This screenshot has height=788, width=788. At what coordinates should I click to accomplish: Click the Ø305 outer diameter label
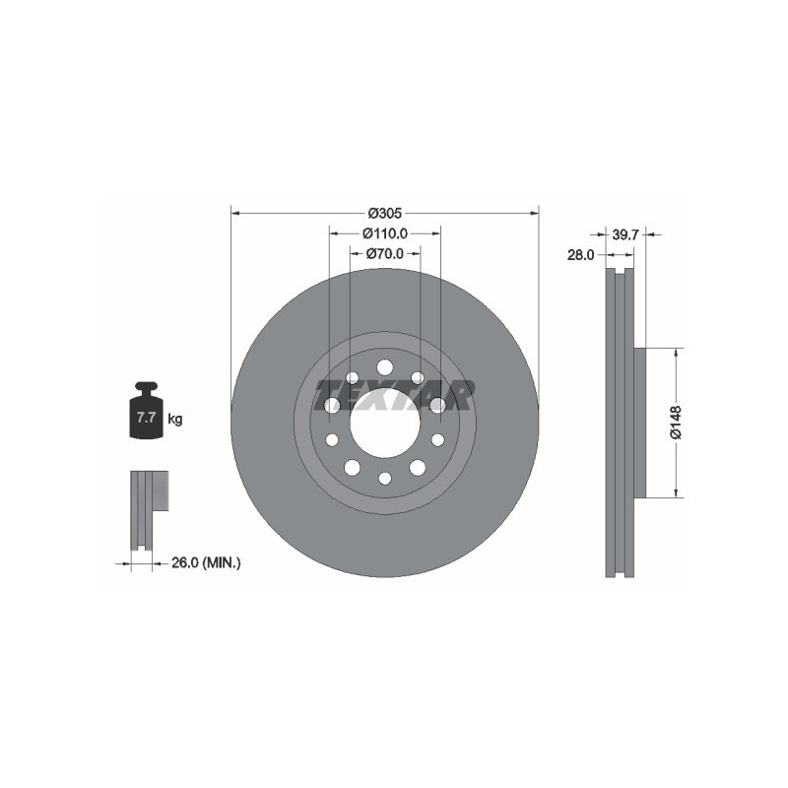384,213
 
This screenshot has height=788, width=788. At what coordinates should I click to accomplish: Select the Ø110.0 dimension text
384,233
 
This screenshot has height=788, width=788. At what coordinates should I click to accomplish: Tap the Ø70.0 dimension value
385,254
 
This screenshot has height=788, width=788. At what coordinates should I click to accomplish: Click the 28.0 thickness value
580,254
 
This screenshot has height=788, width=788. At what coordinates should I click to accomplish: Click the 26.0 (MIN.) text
206,562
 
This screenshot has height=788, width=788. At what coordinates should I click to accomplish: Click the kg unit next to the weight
175,419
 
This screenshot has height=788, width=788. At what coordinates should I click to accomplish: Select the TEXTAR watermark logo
393,395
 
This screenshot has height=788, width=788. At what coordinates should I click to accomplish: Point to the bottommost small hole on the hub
385,478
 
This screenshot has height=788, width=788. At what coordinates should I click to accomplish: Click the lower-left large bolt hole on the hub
352,467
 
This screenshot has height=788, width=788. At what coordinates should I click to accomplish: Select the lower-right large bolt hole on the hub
418,467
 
